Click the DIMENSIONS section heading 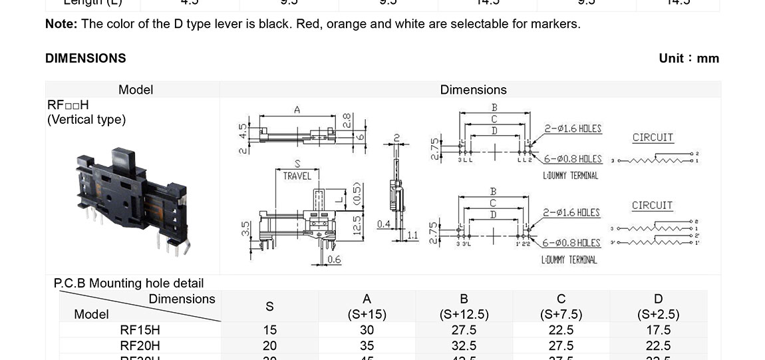[x=85, y=59]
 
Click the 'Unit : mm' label [x=688, y=59]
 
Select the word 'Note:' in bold [x=61, y=24]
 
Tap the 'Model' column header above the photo [x=135, y=89]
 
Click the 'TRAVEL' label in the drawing [x=297, y=176]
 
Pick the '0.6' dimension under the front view [x=334, y=260]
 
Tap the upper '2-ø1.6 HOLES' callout [x=573, y=128]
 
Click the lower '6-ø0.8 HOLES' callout [x=571, y=243]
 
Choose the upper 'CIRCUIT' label [x=653, y=137]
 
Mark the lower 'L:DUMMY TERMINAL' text [x=569, y=260]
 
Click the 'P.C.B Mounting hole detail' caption [x=128, y=283]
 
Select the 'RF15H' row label [x=140, y=330]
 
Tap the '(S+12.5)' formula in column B [x=464, y=314]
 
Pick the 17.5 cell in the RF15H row [x=658, y=330]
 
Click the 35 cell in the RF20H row [x=367, y=346]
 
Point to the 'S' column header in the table [x=269, y=307]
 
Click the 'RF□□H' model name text [x=68, y=105]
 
